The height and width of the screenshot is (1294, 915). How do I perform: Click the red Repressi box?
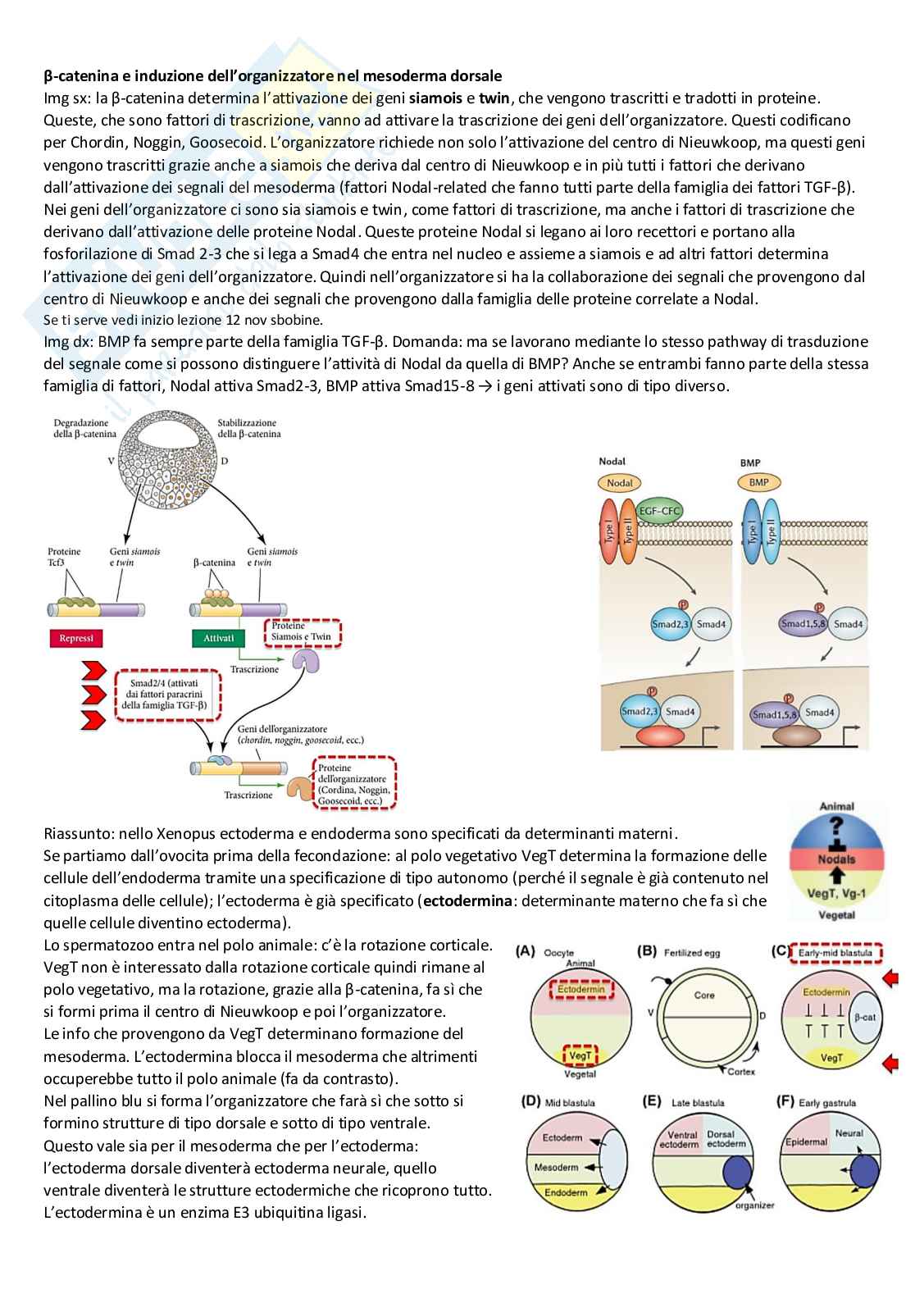(x=76, y=638)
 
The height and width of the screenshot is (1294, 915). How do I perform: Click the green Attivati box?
(x=218, y=638)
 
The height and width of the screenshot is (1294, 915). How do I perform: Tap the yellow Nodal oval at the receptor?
(x=620, y=483)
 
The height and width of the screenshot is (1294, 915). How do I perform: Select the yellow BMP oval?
(x=758, y=482)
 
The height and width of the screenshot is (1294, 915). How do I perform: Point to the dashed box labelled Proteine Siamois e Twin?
(x=302, y=631)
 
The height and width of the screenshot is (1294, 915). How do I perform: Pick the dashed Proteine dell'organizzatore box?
(x=354, y=784)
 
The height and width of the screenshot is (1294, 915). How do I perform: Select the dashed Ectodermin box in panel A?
(x=580, y=989)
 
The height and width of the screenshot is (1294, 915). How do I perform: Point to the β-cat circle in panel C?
(x=864, y=1017)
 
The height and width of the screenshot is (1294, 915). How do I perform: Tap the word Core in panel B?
(x=704, y=995)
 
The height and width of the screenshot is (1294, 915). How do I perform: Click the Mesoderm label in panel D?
(x=556, y=1167)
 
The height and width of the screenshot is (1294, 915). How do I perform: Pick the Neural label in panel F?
(x=849, y=1133)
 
